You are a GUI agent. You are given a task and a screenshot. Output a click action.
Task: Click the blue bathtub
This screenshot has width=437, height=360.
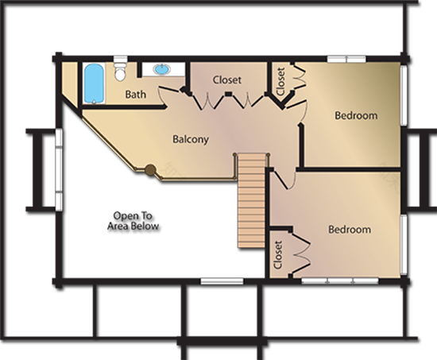pyautogui.click(x=93, y=83)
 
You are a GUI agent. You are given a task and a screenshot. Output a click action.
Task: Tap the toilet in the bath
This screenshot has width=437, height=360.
pyautogui.click(x=120, y=72)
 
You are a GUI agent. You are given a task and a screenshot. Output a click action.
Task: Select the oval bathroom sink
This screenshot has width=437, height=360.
pyautogui.click(x=162, y=69)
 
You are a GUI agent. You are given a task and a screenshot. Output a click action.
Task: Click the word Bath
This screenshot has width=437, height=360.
pyautogui.click(x=136, y=95)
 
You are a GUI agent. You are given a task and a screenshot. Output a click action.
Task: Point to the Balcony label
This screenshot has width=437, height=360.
pyautogui.click(x=191, y=139)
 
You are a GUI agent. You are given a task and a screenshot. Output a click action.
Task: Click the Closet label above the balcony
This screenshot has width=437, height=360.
pyautogui.click(x=227, y=80)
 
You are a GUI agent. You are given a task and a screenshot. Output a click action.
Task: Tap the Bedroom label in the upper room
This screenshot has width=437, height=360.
pyautogui.click(x=355, y=116)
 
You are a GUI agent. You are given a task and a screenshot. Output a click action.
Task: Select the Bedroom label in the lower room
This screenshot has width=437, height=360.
pyautogui.click(x=350, y=230)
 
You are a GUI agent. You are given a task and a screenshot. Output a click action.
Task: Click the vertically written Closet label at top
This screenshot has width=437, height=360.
pyautogui.click(x=280, y=79)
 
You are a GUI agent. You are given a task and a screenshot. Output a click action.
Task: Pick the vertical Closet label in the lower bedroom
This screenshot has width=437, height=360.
pyautogui.click(x=278, y=255)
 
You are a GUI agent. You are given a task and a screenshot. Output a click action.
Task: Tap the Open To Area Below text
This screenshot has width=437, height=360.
pyautogui.click(x=136, y=222)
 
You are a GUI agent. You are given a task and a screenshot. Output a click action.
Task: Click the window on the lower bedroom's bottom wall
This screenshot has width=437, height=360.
pyautogui.click(x=334, y=281)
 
